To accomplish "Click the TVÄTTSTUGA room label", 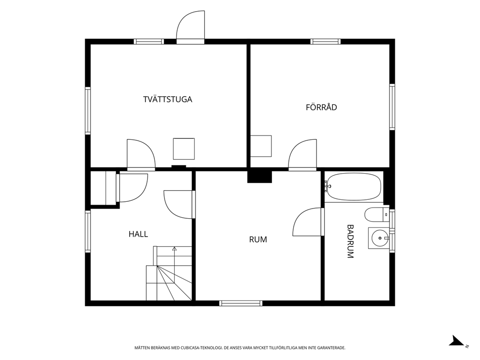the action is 167,99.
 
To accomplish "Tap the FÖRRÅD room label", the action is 321,107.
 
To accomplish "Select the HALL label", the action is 138,234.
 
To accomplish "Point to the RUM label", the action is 258,240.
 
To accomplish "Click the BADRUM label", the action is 350,241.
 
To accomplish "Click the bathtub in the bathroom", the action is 354,187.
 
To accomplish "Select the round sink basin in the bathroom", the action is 379,238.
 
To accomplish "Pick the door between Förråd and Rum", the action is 302,154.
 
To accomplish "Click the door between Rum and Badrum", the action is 308,222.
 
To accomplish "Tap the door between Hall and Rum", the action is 180,204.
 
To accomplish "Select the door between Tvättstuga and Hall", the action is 141,154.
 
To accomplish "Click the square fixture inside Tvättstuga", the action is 184,149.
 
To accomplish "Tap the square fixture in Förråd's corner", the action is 261,146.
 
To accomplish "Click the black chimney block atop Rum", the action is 259,177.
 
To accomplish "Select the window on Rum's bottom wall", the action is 241,303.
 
